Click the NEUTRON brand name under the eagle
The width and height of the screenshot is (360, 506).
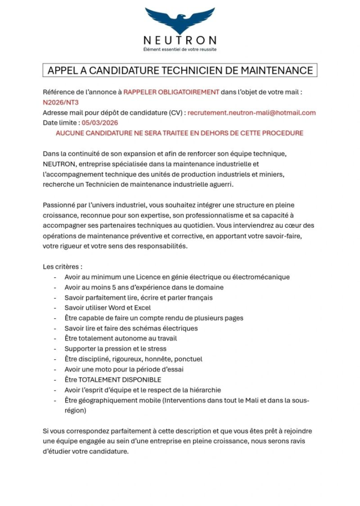[180, 41]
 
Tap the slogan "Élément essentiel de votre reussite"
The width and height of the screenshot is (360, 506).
[180, 49]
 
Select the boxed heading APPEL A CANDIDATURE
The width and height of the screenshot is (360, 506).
[180, 71]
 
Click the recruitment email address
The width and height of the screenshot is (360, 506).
[251, 113]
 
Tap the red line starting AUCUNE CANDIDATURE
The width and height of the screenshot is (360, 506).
[179, 133]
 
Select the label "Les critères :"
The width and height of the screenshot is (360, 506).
[62, 267]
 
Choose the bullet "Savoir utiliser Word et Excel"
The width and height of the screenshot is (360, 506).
[108, 307]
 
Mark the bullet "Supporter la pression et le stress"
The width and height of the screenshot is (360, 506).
[115, 348]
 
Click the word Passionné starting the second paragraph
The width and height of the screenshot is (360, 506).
[59, 205]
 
